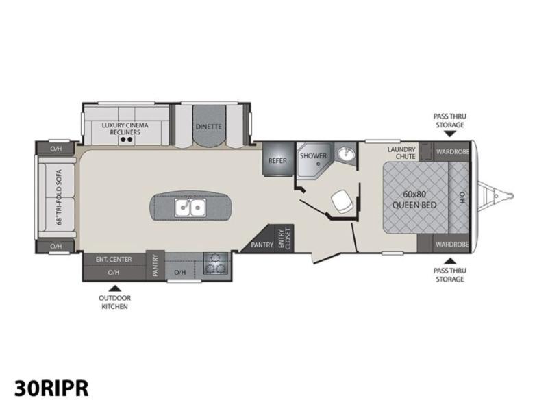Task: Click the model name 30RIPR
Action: pyautogui.click(x=51, y=388)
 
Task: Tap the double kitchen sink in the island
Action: pyautogui.click(x=190, y=208)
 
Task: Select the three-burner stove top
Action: pyautogui.click(x=216, y=263)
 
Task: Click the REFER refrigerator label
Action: pyautogui.click(x=277, y=161)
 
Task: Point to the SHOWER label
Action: pyautogui.click(x=314, y=156)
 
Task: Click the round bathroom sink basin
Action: pyautogui.click(x=346, y=153)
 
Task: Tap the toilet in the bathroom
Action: pyautogui.click(x=341, y=202)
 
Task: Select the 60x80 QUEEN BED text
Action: pyautogui.click(x=414, y=199)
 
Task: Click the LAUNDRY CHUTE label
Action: pyautogui.click(x=402, y=153)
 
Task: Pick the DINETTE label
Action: pyautogui.click(x=209, y=127)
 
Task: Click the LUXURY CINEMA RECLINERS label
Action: pyautogui.click(x=125, y=129)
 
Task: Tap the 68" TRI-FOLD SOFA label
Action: pyautogui.click(x=59, y=197)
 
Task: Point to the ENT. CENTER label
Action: pyautogui.click(x=114, y=260)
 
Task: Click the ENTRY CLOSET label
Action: pyautogui.click(x=285, y=238)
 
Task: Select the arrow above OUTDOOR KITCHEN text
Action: pyautogui.click(x=114, y=288)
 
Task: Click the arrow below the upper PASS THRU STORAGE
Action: pyautogui.click(x=450, y=134)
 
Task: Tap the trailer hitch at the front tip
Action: pyautogui.click(x=495, y=195)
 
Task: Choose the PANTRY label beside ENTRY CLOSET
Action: pyautogui.click(x=262, y=245)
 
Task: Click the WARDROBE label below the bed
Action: pyautogui.click(x=452, y=245)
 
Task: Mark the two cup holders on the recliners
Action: pyautogui.click(x=126, y=140)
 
